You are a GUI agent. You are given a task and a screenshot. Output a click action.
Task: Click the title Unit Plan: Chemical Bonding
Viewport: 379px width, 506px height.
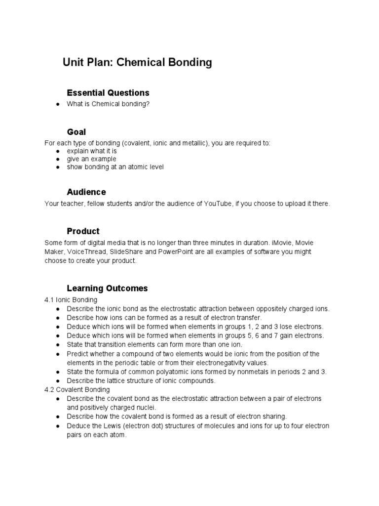click(x=137, y=63)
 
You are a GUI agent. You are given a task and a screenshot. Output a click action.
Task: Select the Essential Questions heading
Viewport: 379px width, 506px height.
click(x=108, y=93)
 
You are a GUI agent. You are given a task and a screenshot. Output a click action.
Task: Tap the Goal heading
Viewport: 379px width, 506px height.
click(x=76, y=132)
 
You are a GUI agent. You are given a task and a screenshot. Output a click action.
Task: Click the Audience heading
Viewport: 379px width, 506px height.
click(x=86, y=192)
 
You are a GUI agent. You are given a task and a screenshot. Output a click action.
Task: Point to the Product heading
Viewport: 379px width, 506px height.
click(x=83, y=231)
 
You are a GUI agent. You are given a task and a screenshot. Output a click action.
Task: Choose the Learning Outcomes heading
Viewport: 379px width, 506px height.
click(x=107, y=288)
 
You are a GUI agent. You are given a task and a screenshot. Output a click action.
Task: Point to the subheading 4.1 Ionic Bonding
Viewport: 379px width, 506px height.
click(x=71, y=300)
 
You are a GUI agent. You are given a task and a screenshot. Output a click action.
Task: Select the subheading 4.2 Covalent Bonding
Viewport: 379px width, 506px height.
click(x=76, y=389)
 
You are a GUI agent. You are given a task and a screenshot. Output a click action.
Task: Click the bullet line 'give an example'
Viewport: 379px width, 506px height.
click(x=92, y=159)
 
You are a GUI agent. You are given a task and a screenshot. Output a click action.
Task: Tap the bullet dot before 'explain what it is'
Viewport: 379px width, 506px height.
click(x=58, y=151)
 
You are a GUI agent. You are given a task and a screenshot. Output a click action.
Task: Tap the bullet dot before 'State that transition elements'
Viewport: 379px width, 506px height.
click(x=58, y=344)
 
